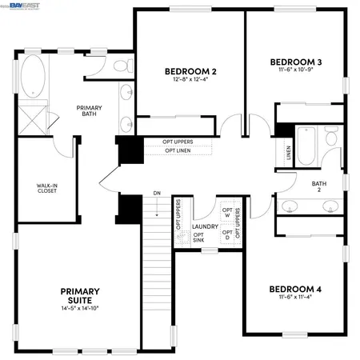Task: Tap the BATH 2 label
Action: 319,186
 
